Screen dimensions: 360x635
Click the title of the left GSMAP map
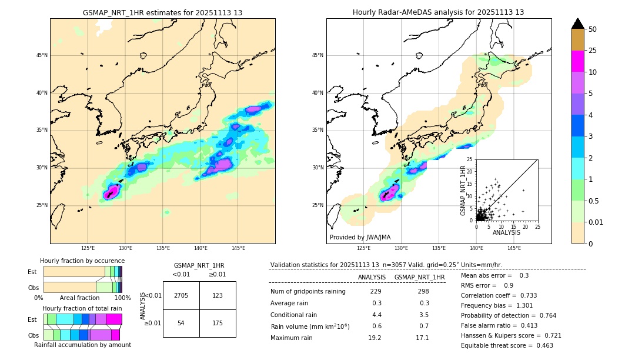[x=162, y=12]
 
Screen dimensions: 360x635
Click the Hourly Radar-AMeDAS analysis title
[x=438, y=12]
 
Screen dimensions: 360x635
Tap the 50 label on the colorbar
[x=593, y=29]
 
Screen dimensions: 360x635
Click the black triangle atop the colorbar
[x=578, y=24]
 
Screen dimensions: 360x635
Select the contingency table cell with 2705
[x=181, y=295]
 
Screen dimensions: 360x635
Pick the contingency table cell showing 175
[x=218, y=323]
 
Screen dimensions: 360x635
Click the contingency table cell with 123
[x=218, y=295]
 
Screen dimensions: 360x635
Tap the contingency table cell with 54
[x=181, y=323]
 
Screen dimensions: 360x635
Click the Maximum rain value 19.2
[x=375, y=338]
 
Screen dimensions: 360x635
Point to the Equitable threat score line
[x=507, y=345]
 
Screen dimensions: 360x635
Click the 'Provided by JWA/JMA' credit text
[x=360, y=237]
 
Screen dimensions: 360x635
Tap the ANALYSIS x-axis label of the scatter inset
[x=506, y=232]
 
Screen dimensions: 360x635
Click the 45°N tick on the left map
[x=42, y=55]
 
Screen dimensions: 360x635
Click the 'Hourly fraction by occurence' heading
[x=82, y=261]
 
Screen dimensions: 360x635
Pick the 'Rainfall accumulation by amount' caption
[x=82, y=345]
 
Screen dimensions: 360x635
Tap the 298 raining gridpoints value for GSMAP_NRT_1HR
[x=423, y=291]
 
